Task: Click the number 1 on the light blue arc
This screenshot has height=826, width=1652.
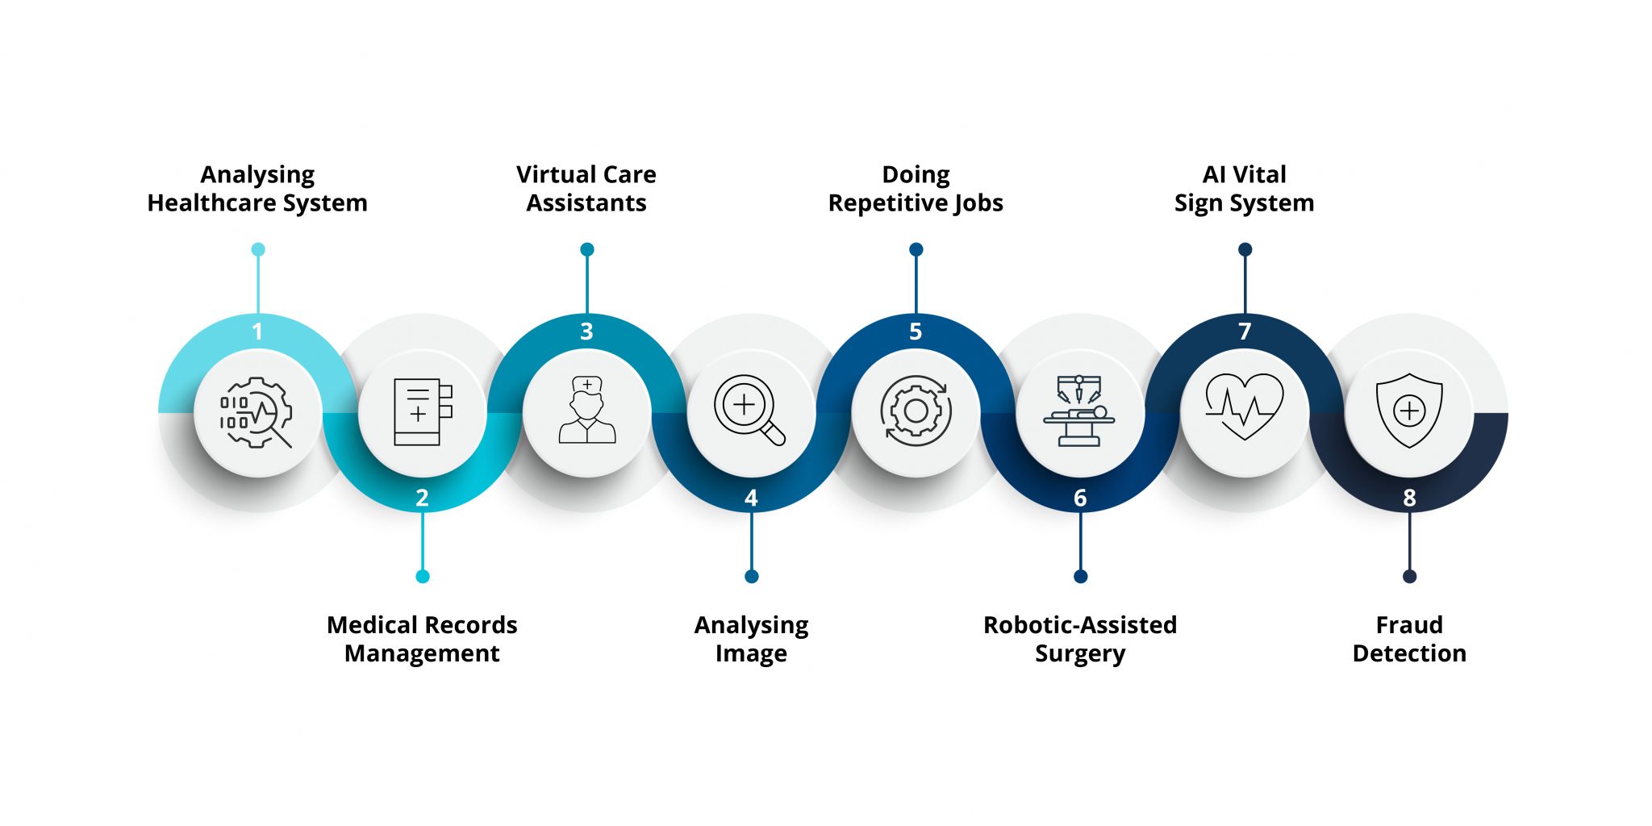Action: click(x=257, y=332)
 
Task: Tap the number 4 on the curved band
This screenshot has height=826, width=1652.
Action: click(x=751, y=499)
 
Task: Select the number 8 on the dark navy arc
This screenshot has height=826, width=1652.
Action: click(x=1409, y=499)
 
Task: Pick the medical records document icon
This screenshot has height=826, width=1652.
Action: click(x=422, y=412)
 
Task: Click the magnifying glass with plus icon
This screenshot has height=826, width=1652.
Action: click(x=749, y=410)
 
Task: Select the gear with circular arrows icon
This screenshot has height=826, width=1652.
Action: click(x=916, y=411)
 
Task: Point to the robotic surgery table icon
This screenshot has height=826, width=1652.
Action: click(x=1079, y=411)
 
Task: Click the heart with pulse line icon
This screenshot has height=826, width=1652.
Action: click(x=1244, y=406)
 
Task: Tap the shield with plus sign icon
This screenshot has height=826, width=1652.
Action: click(x=1409, y=411)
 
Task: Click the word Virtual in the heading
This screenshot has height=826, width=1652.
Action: click(x=553, y=175)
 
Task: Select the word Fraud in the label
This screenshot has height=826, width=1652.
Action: click(x=1409, y=625)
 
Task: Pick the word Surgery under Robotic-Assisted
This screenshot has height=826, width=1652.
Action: click(x=1080, y=654)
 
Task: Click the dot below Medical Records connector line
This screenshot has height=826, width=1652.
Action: click(x=423, y=576)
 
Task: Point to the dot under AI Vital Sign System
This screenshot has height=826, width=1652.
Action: click(x=1245, y=249)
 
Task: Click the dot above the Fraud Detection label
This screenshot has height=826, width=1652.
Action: click(x=1409, y=576)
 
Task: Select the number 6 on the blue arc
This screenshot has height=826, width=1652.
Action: click(x=1080, y=499)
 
